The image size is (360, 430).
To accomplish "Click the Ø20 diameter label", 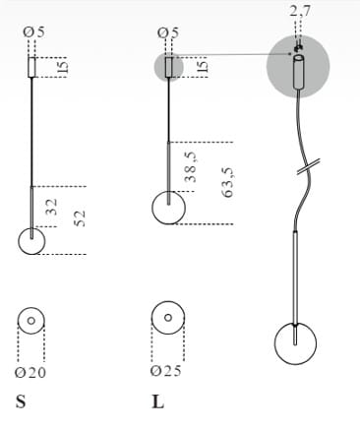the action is click(x=30, y=373).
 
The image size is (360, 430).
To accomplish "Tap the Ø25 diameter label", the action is click(x=166, y=371).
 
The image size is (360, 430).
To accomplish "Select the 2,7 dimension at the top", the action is click(x=300, y=12).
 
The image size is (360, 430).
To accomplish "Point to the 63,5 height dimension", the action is click(x=227, y=182).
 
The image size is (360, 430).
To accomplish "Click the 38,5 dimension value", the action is click(x=191, y=167).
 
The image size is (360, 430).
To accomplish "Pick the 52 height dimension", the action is click(x=80, y=218).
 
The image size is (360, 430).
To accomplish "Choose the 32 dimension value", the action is click(x=51, y=207).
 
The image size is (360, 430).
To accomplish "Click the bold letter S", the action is click(x=21, y=401).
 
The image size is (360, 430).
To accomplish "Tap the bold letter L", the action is click(x=158, y=401).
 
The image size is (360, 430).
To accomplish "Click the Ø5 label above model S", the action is click(x=33, y=32).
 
